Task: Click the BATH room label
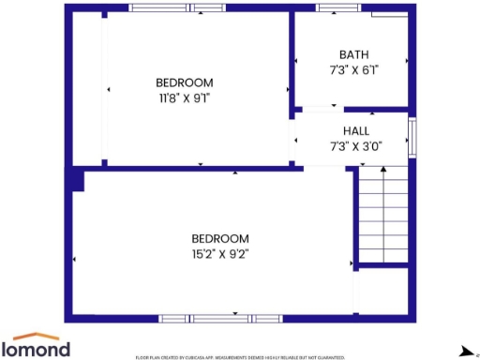(354, 54)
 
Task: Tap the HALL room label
(355, 131)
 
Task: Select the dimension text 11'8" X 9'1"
(184, 97)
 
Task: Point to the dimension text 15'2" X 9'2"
(220, 253)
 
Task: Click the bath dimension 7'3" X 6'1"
(354, 69)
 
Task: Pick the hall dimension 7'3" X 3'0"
(355, 146)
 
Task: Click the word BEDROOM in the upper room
(184, 82)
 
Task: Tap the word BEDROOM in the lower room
(220, 238)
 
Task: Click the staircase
(382, 216)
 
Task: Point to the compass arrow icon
(466, 350)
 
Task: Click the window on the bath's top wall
(338, 8)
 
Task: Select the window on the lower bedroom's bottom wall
(221, 319)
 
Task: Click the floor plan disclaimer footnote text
(240, 357)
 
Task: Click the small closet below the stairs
(382, 291)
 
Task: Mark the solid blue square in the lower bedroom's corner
(76, 181)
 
